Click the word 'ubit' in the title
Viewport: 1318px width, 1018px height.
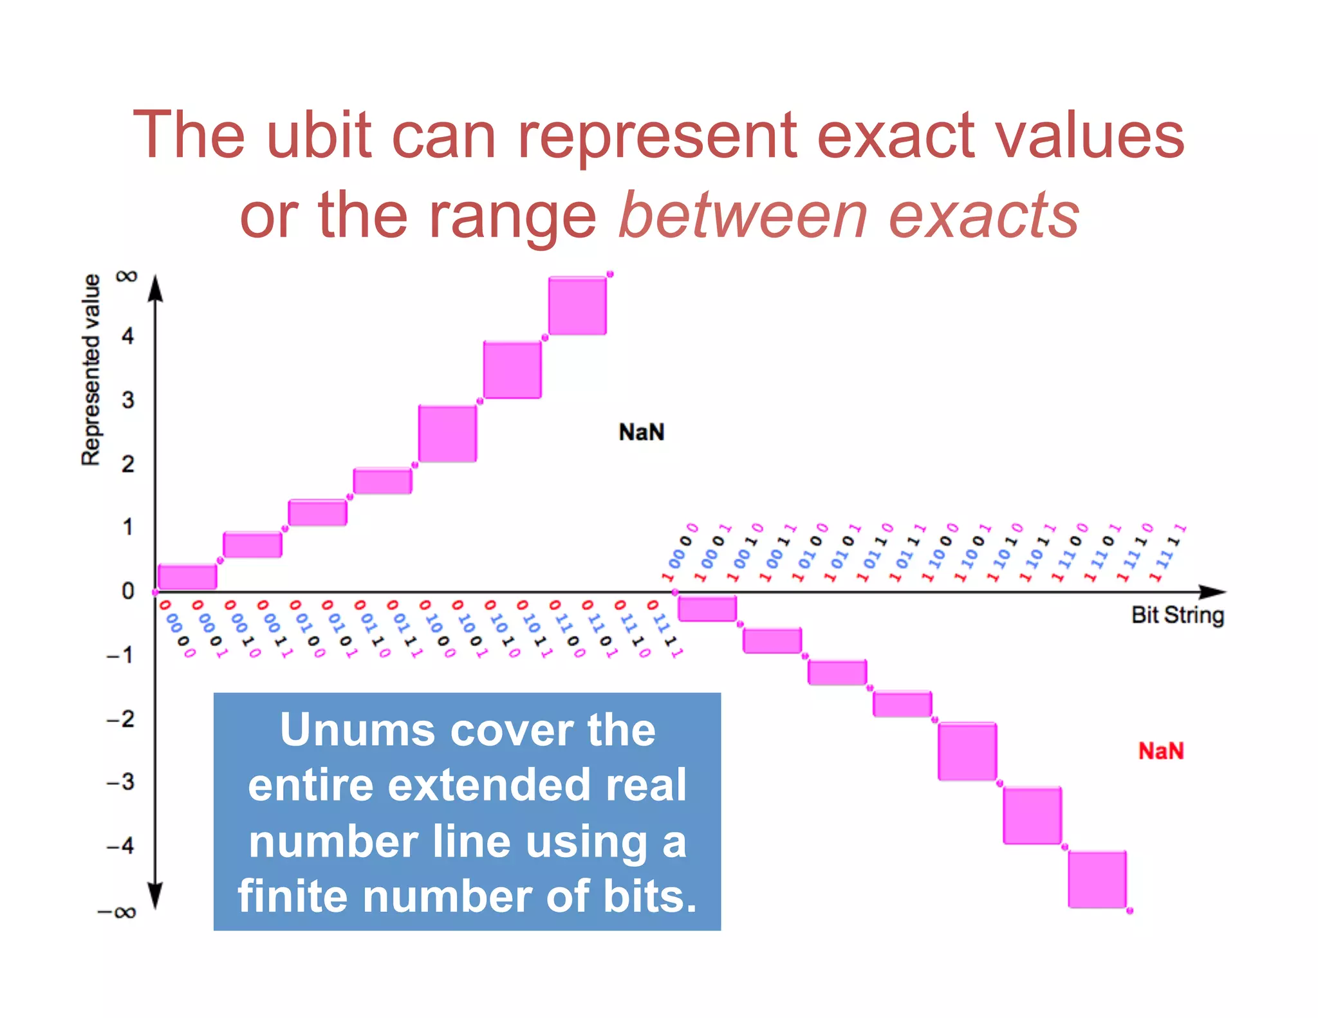(319, 135)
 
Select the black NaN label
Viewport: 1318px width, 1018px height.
(641, 432)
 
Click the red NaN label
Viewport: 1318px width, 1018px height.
(1160, 751)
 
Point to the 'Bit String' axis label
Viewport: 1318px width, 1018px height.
(1177, 615)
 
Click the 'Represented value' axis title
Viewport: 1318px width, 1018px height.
(91, 369)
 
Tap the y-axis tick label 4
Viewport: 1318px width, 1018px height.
(128, 336)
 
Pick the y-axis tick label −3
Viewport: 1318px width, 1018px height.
(121, 782)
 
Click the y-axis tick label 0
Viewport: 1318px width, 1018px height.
(128, 591)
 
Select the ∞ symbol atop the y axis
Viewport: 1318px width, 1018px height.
(127, 277)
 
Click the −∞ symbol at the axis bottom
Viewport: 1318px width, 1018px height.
(116, 912)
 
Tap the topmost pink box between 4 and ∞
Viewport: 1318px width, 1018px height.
(577, 306)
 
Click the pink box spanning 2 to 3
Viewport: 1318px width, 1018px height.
(447, 433)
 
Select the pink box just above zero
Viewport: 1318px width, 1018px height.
(187, 577)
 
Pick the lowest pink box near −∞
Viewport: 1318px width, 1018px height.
(1097, 879)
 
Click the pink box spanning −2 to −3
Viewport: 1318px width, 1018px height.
(967, 752)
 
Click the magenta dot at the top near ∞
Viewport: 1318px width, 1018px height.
(610, 274)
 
